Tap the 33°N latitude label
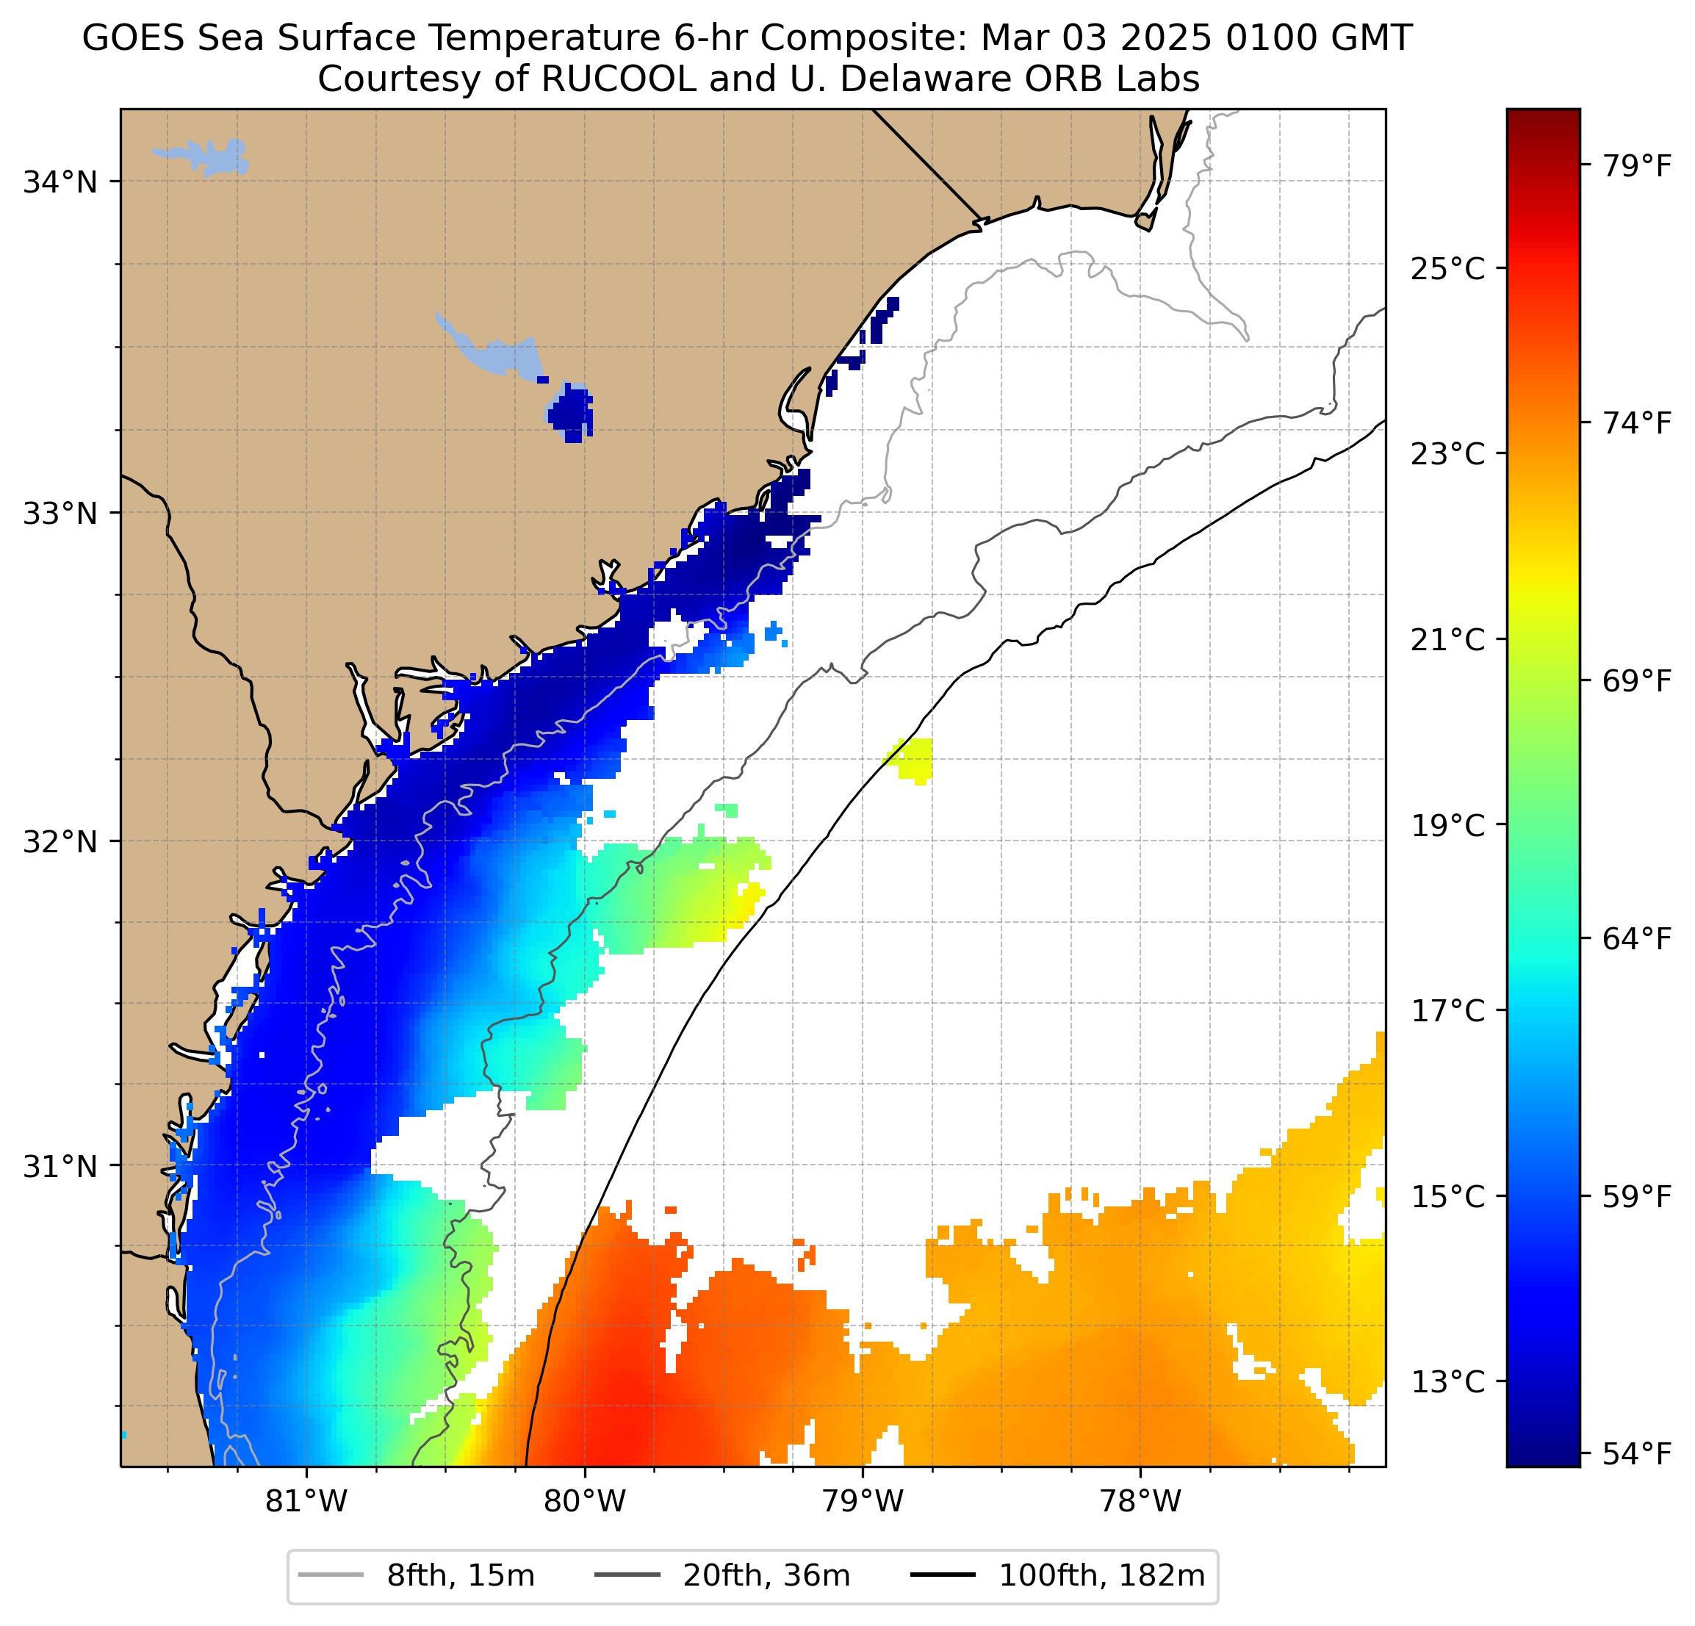[x=60, y=513]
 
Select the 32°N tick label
[x=60, y=841]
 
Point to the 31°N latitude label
[x=60, y=1167]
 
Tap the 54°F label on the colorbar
[x=1637, y=1454]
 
